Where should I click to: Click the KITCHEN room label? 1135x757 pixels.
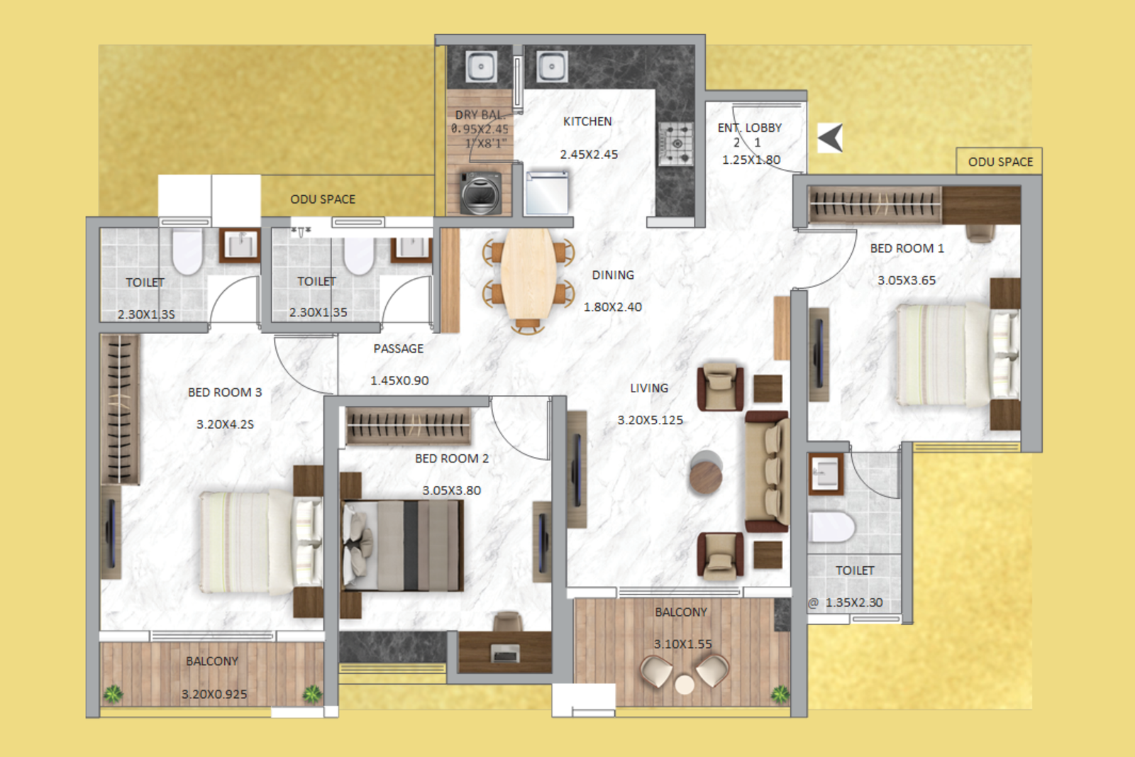[587, 121]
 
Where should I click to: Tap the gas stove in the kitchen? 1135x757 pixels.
[675, 143]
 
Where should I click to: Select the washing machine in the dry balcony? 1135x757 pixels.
[481, 192]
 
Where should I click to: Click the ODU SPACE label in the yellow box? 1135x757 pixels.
[1000, 162]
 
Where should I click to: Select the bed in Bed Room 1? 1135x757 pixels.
[951, 355]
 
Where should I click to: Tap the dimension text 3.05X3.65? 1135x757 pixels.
[906, 280]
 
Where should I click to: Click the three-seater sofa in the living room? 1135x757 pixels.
[768, 472]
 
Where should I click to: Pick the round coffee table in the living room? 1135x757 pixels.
[706, 473]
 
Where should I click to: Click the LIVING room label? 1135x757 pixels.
[648, 388]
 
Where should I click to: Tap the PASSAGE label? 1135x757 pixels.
[398, 348]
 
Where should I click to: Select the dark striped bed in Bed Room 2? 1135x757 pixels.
[403, 545]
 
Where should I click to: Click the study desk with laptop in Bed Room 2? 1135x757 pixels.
[505, 651]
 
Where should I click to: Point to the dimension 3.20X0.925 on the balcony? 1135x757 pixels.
[214, 694]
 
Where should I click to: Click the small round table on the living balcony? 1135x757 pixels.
[685, 684]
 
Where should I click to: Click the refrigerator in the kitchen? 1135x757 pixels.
[547, 192]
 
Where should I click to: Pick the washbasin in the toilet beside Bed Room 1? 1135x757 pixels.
[825, 473]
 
